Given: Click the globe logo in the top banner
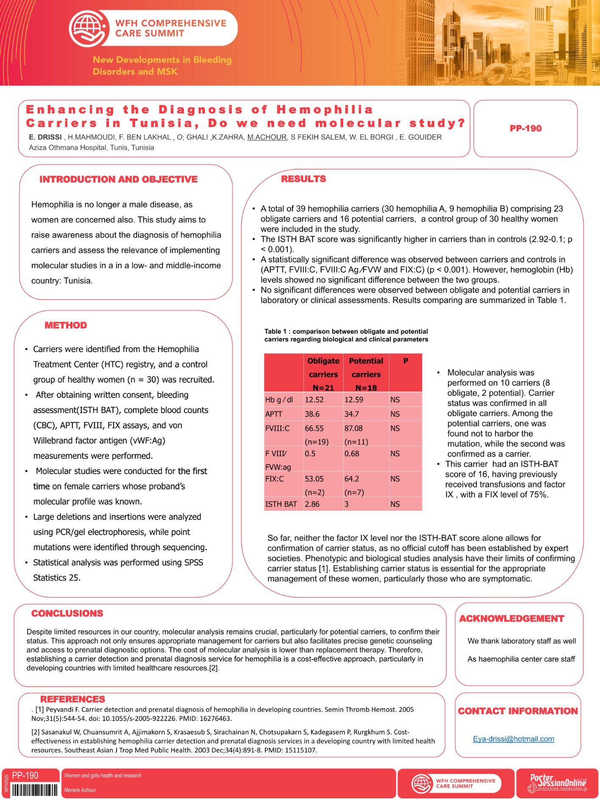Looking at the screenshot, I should coord(88,28).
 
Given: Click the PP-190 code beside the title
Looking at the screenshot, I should coord(525,128).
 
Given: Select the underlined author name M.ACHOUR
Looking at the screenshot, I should coord(267,137).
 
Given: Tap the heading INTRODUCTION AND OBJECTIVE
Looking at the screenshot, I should coord(119,180).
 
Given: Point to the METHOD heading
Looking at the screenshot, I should coord(66,325).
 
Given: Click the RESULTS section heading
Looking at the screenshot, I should coord(303,179).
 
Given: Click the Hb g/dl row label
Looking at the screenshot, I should coord(279,400).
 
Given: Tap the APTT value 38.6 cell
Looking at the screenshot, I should coord(312,414).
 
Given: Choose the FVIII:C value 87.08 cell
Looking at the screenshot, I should coord(354,429).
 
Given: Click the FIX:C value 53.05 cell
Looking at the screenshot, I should coord(314,479).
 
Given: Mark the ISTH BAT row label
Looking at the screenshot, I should coord(281,504).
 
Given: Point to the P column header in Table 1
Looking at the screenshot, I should coord(406,361).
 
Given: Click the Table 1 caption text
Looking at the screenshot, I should coord(346,335).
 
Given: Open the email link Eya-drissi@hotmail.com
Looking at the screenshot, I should coord(513,739).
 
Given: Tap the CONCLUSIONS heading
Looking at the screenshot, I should coord(67,613).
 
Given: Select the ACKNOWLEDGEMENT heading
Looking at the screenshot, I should coord(511,619).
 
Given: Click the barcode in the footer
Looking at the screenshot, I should coord(35,790).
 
